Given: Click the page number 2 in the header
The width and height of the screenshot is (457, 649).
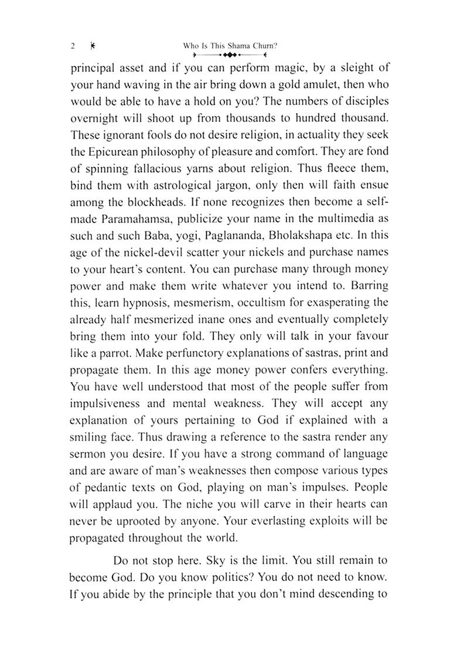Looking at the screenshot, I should pos(72,45).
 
